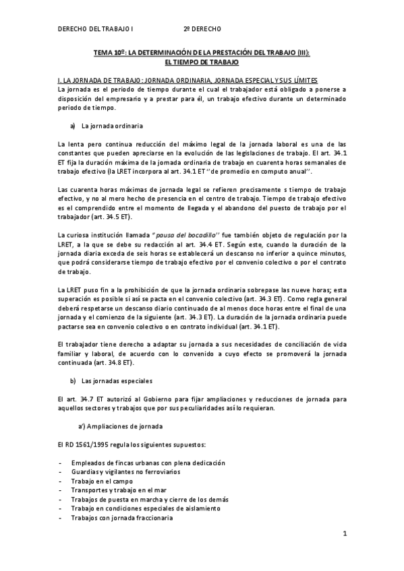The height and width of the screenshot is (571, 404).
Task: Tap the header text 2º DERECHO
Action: point(202,30)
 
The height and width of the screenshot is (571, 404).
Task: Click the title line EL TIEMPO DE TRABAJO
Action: point(202,61)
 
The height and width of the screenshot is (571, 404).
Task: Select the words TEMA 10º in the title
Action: point(109,52)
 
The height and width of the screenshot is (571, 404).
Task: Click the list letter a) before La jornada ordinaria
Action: point(72,125)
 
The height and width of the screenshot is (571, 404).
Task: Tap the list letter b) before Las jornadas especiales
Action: point(72,380)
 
